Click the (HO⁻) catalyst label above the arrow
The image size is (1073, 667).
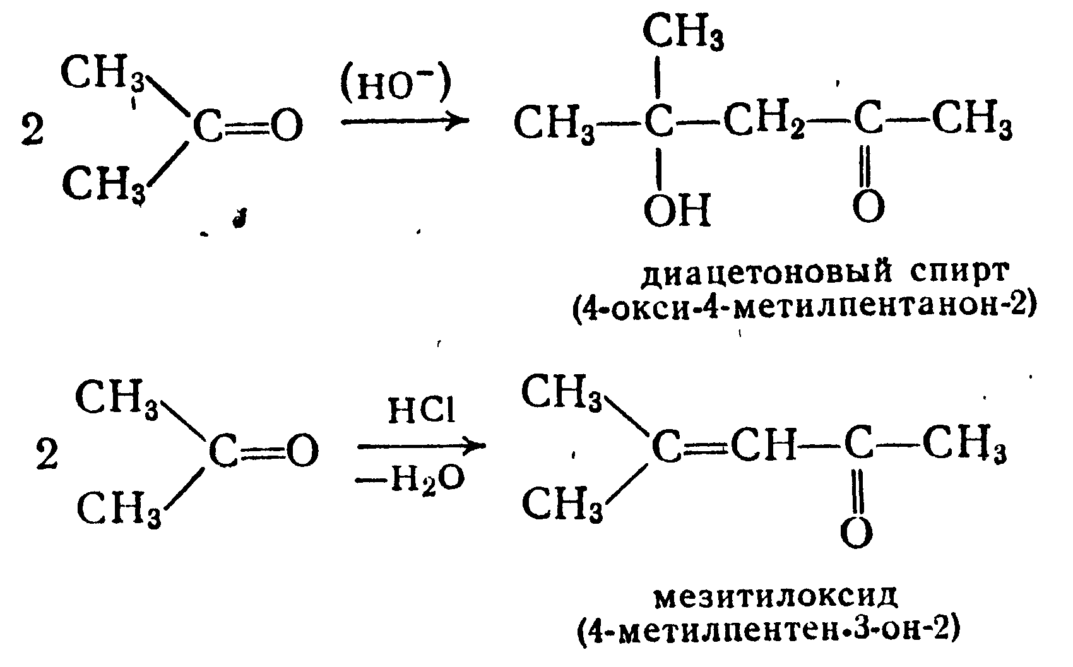(x=396, y=86)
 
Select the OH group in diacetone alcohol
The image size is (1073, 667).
(x=677, y=210)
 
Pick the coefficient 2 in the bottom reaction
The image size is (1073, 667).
(x=47, y=456)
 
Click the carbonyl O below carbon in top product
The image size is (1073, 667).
(x=868, y=206)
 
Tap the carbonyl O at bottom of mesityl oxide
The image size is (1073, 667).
(x=857, y=533)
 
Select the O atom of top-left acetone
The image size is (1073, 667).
(x=283, y=126)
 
